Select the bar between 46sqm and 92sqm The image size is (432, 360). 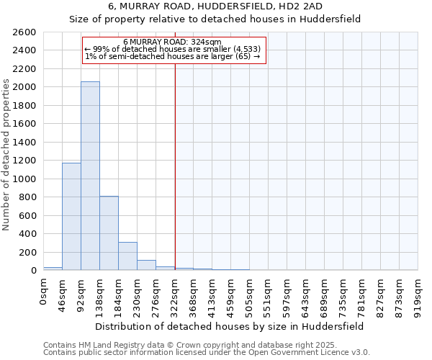click(x=71, y=216)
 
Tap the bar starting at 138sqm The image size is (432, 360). click(x=109, y=233)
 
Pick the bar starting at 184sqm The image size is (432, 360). click(x=127, y=256)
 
